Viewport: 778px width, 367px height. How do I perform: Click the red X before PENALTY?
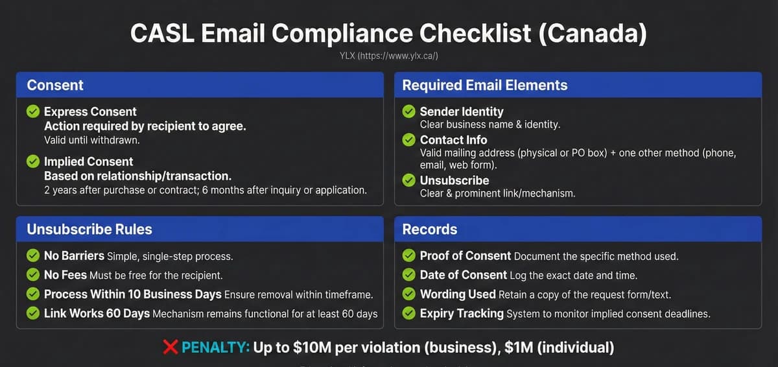[x=171, y=348]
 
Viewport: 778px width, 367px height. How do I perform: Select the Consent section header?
[x=55, y=85]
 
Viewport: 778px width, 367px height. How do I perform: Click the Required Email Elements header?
[x=484, y=85]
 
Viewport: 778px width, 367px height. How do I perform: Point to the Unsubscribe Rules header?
[x=89, y=230]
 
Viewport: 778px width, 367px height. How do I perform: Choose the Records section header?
[x=429, y=230]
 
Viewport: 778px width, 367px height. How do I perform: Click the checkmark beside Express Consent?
[x=33, y=112]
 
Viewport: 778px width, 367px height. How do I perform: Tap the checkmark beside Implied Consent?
[x=33, y=162]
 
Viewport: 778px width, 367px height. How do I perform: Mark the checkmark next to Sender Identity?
[x=409, y=112]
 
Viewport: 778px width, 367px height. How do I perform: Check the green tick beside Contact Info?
[x=409, y=139]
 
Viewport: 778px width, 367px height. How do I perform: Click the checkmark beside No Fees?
[x=33, y=275]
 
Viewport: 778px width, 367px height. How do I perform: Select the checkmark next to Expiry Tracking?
[x=409, y=314]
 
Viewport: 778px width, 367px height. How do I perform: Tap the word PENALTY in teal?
[x=215, y=348]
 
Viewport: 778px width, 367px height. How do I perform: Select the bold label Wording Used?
[x=457, y=294]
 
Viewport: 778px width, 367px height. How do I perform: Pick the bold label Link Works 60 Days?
[x=96, y=314]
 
